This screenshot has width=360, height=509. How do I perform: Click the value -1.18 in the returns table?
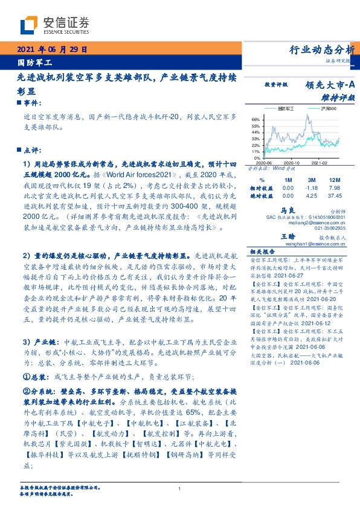(x=311, y=188)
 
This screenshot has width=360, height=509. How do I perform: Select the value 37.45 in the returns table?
(x=334, y=196)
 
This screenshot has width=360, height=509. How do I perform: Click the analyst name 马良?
(x=286, y=209)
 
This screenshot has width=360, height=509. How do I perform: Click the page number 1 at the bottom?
(x=180, y=489)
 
